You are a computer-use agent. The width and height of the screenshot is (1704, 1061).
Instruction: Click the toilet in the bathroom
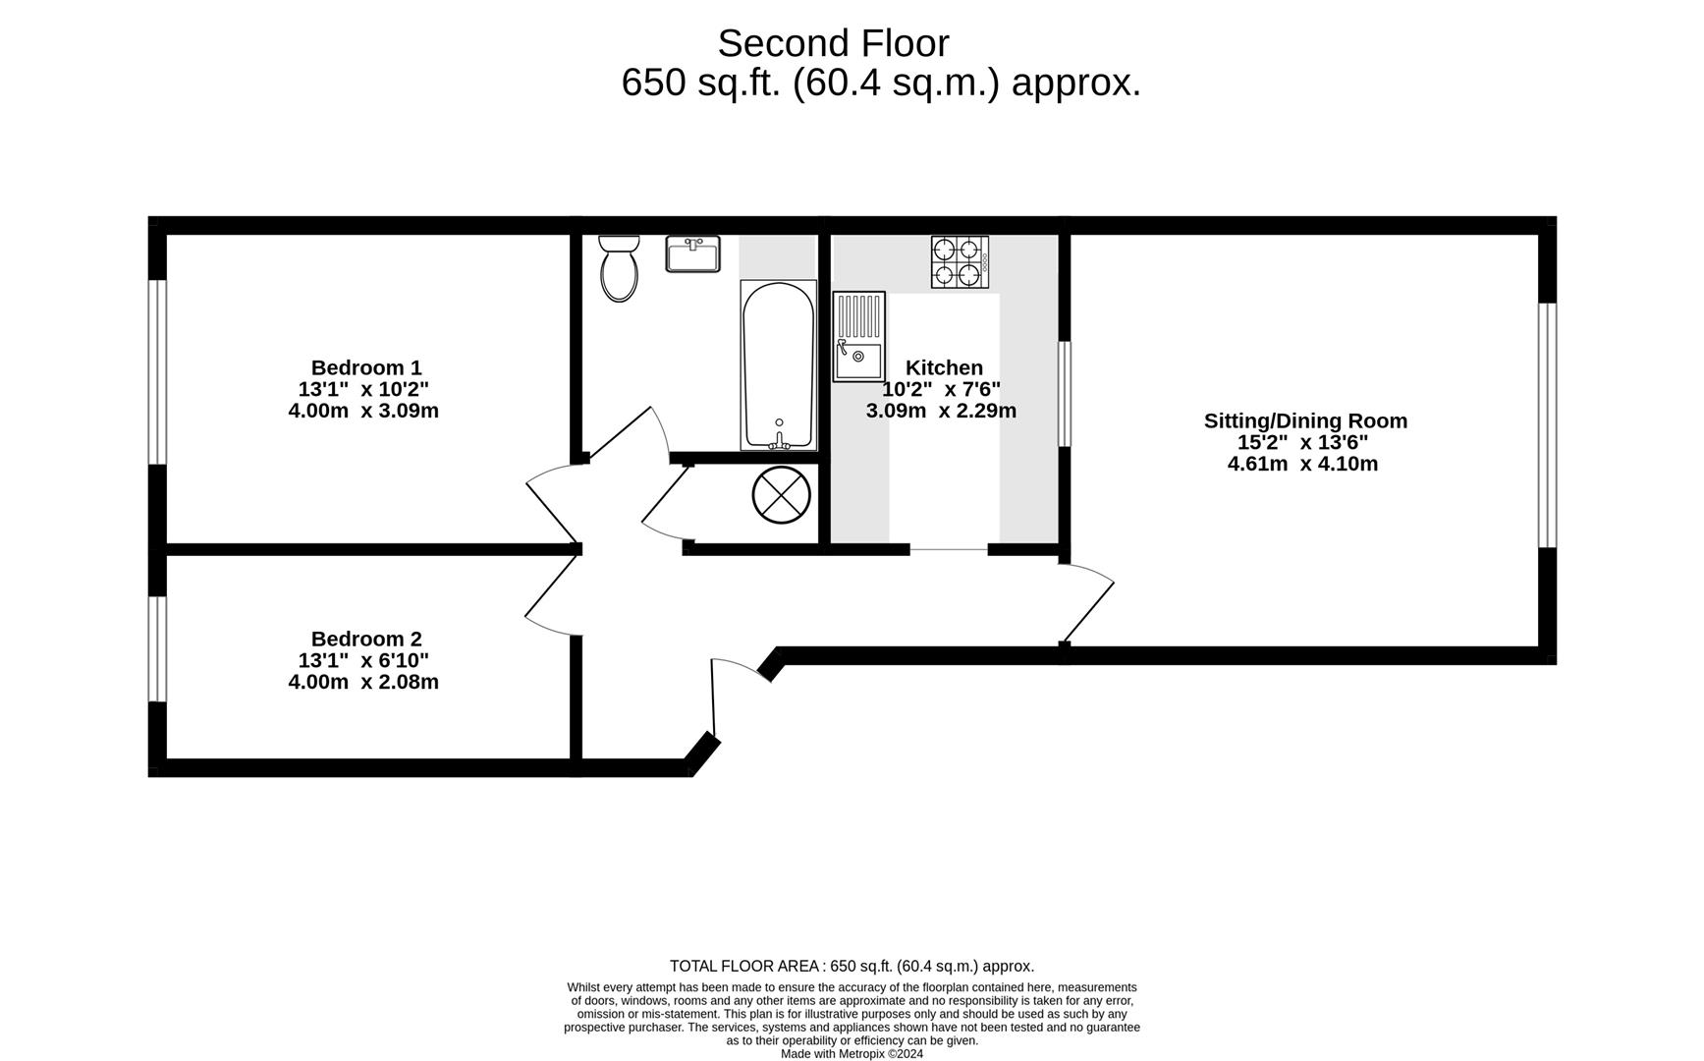tap(619, 268)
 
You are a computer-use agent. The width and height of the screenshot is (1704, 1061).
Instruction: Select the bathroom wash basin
tap(692, 253)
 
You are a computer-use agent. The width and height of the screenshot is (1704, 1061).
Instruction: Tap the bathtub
tap(778, 365)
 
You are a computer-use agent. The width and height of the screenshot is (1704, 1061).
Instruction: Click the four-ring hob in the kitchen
tap(960, 261)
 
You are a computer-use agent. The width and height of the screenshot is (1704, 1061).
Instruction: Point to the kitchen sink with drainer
tap(858, 336)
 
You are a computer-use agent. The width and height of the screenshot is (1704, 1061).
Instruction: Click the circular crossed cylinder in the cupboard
tap(781, 494)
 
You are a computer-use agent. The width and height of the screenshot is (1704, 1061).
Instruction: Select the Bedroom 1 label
tap(366, 367)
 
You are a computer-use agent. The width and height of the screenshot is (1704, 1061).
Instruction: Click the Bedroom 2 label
tap(366, 639)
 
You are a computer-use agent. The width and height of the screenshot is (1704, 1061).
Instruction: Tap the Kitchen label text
tap(944, 367)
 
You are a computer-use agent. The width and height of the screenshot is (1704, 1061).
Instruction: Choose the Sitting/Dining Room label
tap(1305, 420)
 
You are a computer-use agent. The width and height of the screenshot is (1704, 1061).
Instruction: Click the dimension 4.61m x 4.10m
tap(1302, 464)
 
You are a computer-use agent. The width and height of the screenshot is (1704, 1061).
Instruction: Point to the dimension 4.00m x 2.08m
tap(363, 682)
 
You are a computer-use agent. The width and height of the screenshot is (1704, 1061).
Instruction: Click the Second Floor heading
tap(833, 43)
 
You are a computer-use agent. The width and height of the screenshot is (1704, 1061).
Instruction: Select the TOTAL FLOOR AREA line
tap(852, 967)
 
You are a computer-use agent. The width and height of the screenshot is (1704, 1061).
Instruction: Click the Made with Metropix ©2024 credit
tap(852, 1054)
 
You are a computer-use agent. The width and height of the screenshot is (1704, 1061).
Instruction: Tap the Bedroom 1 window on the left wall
tap(157, 371)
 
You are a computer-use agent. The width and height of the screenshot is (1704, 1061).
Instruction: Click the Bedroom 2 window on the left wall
tap(157, 648)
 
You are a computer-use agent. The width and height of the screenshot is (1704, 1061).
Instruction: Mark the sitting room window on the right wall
tap(1547, 424)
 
